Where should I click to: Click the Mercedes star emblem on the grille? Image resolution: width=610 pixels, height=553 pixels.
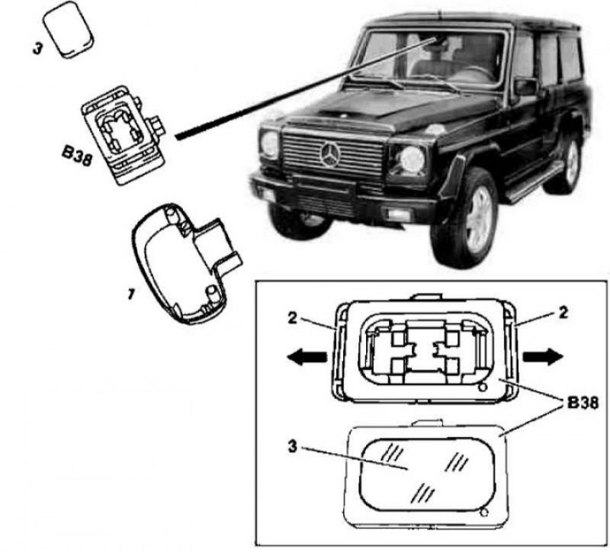(x=330, y=156)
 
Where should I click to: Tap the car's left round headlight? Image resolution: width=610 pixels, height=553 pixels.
(x=270, y=143)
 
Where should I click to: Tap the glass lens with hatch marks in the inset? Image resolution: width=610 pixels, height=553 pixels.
(x=423, y=468)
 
